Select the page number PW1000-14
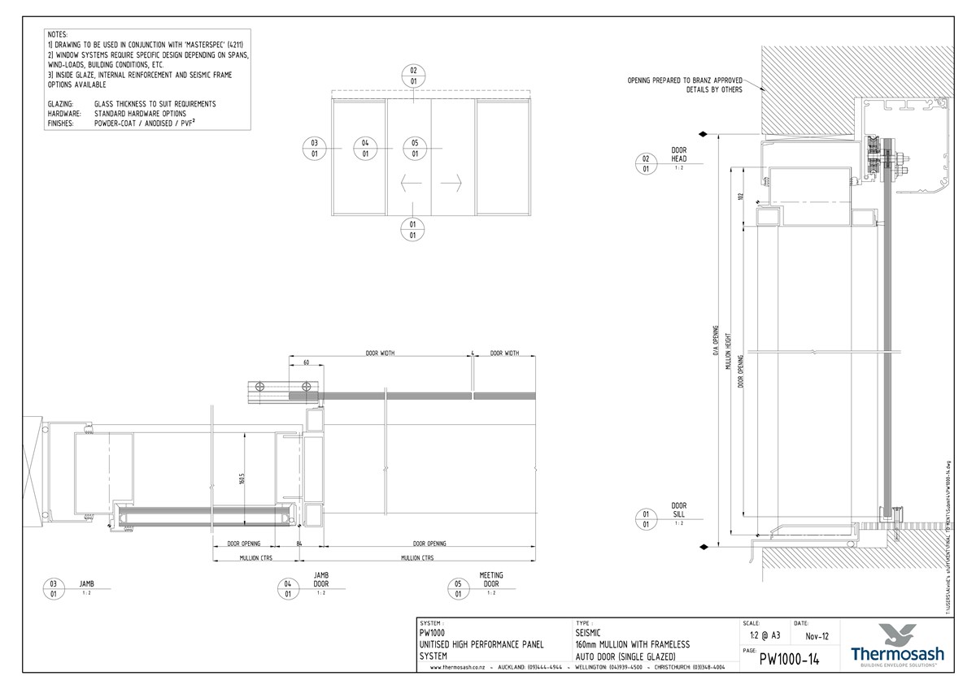pyautogui.click(x=789, y=660)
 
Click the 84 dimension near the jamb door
pyautogui.click(x=299, y=544)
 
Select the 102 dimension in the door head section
pyautogui.click(x=741, y=197)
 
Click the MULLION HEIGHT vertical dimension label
pyautogui.click(x=728, y=356)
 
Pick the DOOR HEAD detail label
pyautogui.click(x=679, y=154)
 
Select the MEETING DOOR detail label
pyautogui.click(x=491, y=579)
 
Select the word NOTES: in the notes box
pyautogui.click(x=58, y=35)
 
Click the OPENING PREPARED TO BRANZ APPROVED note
pyautogui.click(x=685, y=80)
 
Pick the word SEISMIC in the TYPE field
pyautogui.click(x=588, y=632)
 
